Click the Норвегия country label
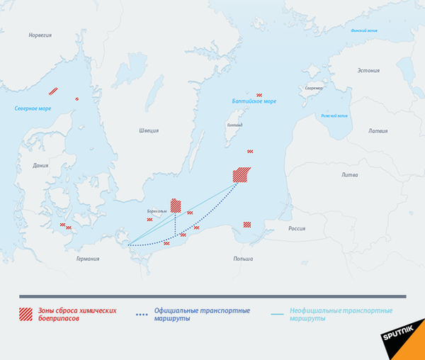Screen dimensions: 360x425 point(40,35)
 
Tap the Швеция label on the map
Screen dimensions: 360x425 point(149,130)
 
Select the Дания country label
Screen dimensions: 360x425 point(41,166)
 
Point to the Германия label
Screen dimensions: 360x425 point(88,259)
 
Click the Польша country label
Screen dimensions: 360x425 point(243,259)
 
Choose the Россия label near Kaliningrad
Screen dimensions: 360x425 point(296,228)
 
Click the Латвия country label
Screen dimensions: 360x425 point(378,131)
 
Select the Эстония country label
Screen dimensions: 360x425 point(368,70)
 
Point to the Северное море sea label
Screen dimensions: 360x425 point(33,108)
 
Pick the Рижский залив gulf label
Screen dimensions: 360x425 point(334,115)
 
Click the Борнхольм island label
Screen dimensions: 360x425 point(157,211)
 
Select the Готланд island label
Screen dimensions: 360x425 point(234,125)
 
